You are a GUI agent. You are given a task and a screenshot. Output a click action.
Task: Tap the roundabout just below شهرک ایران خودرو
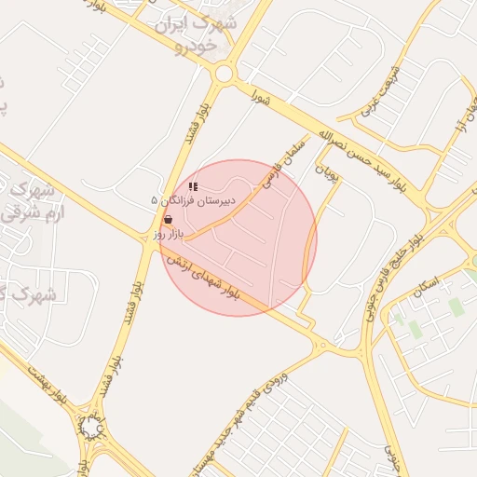point(224,74)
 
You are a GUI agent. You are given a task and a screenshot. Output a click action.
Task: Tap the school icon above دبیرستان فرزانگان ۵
point(193,187)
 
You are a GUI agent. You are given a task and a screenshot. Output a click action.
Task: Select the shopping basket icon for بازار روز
point(168,220)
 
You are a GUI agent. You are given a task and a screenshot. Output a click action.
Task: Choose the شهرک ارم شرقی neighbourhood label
point(28,200)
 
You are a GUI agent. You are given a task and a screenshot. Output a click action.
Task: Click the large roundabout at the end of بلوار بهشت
point(91,428)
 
